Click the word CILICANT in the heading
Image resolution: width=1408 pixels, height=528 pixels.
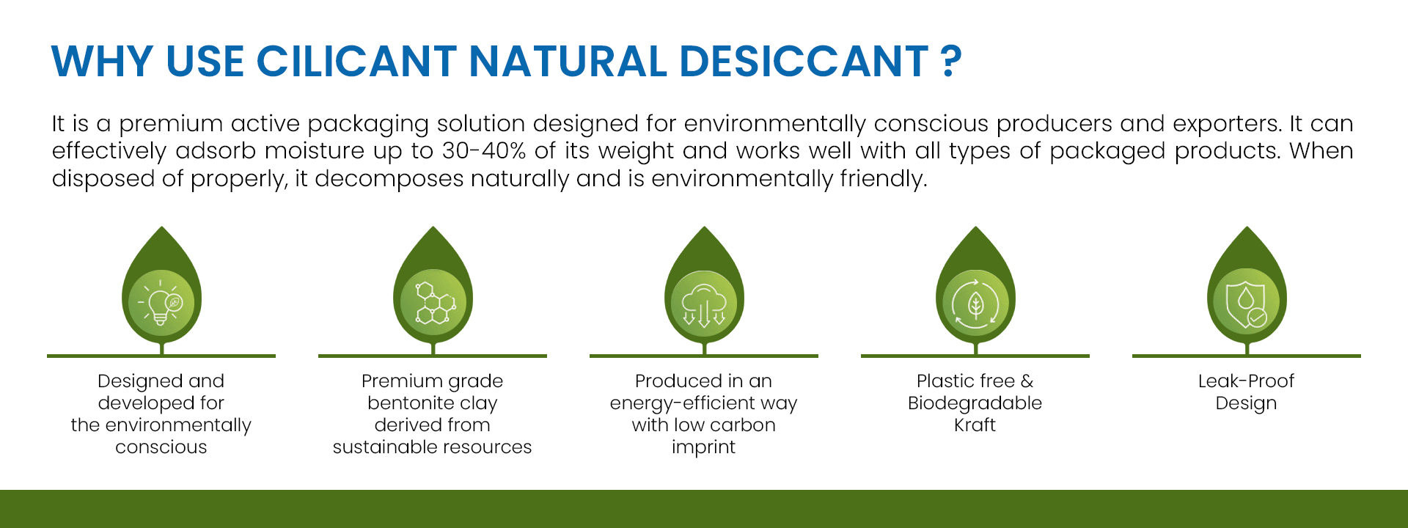(x=356, y=61)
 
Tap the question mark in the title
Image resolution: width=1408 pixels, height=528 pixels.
(x=951, y=61)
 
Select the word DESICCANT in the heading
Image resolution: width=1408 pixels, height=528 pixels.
(x=804, y=61)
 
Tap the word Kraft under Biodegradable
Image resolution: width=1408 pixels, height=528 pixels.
(x=975, y=425)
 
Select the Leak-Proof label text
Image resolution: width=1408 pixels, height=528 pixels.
(x=1246, y=381)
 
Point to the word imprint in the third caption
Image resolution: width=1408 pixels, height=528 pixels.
(x=703, y=447)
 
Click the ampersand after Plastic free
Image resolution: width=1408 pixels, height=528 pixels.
(x=1027, y=381)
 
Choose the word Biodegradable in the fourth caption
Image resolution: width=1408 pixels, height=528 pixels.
(x=975, y=403)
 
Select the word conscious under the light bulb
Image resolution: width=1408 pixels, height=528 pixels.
(x=161, y=447)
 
